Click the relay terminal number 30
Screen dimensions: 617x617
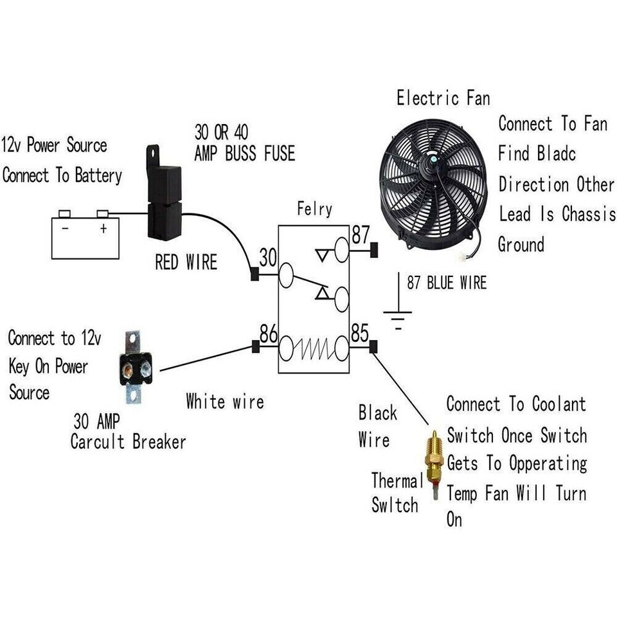tap(267, 258)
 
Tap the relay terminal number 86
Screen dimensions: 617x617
tap(268, 333)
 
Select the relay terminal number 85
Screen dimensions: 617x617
tap(360, 333)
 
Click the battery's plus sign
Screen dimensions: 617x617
tap(103, 229)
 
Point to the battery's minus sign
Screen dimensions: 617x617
tap(64, 229)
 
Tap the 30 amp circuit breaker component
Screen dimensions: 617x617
tap(135, 368)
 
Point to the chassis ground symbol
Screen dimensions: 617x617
tap(398, 316)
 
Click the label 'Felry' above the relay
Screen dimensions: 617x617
tap(314, 209)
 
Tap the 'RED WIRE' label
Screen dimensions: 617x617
tap(186, 262)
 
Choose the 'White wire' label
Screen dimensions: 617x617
tap(224, 402)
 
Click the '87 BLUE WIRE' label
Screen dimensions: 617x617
tap(447, 283)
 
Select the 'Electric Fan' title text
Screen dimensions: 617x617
tap(443, 98)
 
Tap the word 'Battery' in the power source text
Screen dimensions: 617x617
tap(91, 175)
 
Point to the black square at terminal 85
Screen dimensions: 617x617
tap(373, 348)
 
